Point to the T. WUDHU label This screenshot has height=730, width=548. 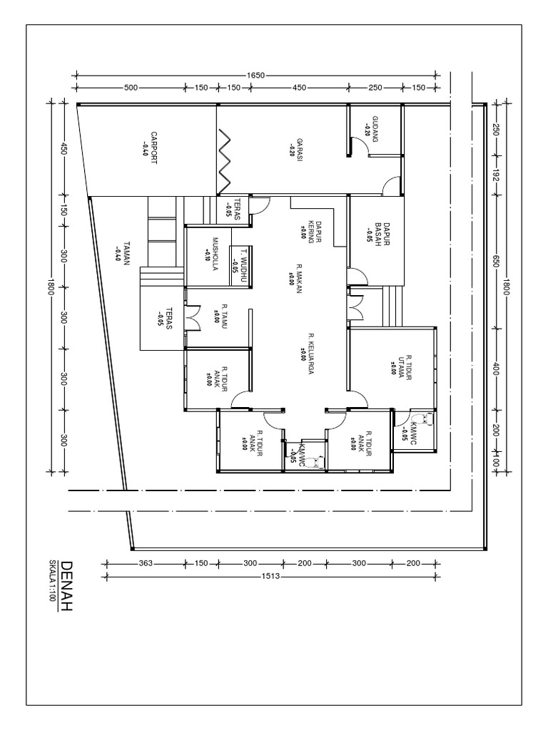click(x=239, y=261)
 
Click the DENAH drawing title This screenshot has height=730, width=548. click(x=67, y=576)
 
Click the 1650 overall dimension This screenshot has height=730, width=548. click(x=257, y=74)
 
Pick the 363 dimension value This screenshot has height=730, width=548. click(x=146, y=563)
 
